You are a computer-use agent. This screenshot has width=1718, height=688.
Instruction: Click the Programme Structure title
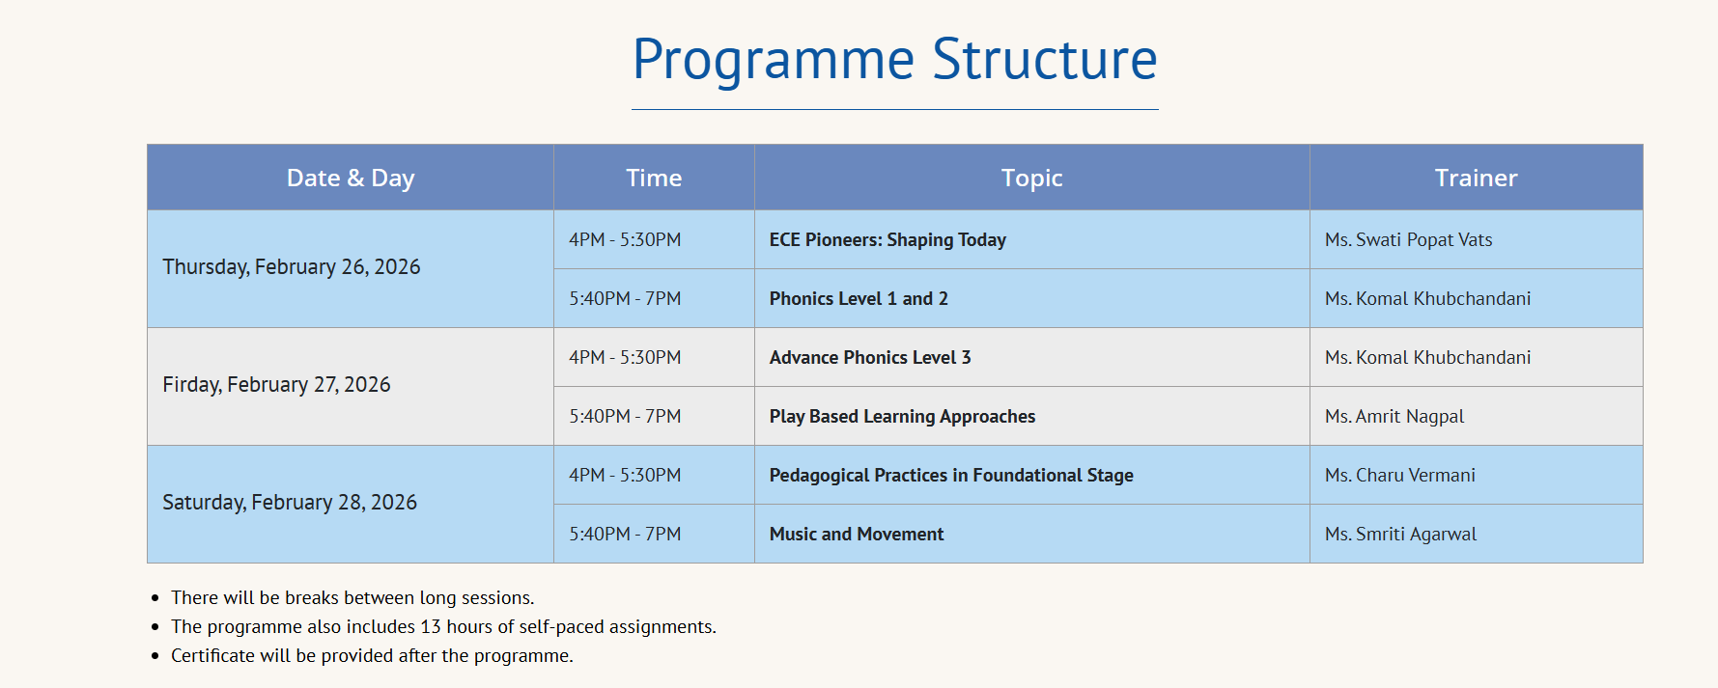894,60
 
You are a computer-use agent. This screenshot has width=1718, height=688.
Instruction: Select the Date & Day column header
351,179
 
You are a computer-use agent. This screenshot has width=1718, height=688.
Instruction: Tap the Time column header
654,179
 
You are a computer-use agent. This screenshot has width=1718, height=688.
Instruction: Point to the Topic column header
1031,179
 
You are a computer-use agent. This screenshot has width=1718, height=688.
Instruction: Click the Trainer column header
1476,179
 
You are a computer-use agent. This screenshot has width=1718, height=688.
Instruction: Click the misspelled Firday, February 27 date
276,385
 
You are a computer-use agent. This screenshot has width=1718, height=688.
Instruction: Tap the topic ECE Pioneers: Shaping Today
887,240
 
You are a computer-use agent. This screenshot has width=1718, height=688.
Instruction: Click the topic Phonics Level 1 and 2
859,299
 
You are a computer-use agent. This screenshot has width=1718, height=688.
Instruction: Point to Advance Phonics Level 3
870,358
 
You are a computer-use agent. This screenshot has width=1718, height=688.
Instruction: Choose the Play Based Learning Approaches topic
902,417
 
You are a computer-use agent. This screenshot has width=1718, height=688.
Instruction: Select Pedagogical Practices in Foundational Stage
951,476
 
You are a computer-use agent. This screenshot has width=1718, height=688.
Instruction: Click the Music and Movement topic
857,535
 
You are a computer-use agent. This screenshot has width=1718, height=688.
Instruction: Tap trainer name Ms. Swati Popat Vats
1408,240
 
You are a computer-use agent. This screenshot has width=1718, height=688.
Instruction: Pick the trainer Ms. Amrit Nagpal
1394,417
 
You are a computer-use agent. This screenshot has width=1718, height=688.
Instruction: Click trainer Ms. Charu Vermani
1400,476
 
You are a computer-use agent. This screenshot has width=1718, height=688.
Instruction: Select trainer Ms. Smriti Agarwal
1400,535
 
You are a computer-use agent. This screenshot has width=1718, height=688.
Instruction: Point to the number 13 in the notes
431,627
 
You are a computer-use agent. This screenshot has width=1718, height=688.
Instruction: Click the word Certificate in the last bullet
214,656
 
